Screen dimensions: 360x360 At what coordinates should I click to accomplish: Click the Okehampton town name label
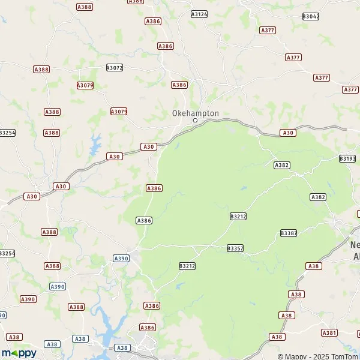tap(196, 113)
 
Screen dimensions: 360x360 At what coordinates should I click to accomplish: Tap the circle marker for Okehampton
tap(195, 121)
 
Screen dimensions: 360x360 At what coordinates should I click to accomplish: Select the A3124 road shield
tap(199, 13)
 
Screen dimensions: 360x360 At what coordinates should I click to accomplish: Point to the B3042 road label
tap(311, 16)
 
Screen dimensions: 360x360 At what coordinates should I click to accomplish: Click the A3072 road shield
tap(114, 68)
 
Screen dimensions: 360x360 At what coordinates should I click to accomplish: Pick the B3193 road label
tap(347, 158)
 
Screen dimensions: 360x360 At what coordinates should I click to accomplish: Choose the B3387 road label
tap(289, 233)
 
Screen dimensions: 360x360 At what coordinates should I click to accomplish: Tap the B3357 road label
tap(235, 248)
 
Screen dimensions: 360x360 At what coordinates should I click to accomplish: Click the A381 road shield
tap(329, 332)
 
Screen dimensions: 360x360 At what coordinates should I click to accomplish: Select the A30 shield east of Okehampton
tap(288, 133)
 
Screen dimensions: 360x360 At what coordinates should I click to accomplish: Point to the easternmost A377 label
tap(350, 89)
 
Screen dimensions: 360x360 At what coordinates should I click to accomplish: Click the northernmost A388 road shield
tap(85, 6)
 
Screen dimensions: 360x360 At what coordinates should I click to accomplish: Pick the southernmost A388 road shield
tap(76, 307)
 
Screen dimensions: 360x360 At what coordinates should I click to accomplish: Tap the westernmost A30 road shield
tap(31, 196)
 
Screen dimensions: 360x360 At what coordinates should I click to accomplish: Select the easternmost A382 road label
tap(318, 197)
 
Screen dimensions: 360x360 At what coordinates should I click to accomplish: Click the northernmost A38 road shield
tap(313, 265)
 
